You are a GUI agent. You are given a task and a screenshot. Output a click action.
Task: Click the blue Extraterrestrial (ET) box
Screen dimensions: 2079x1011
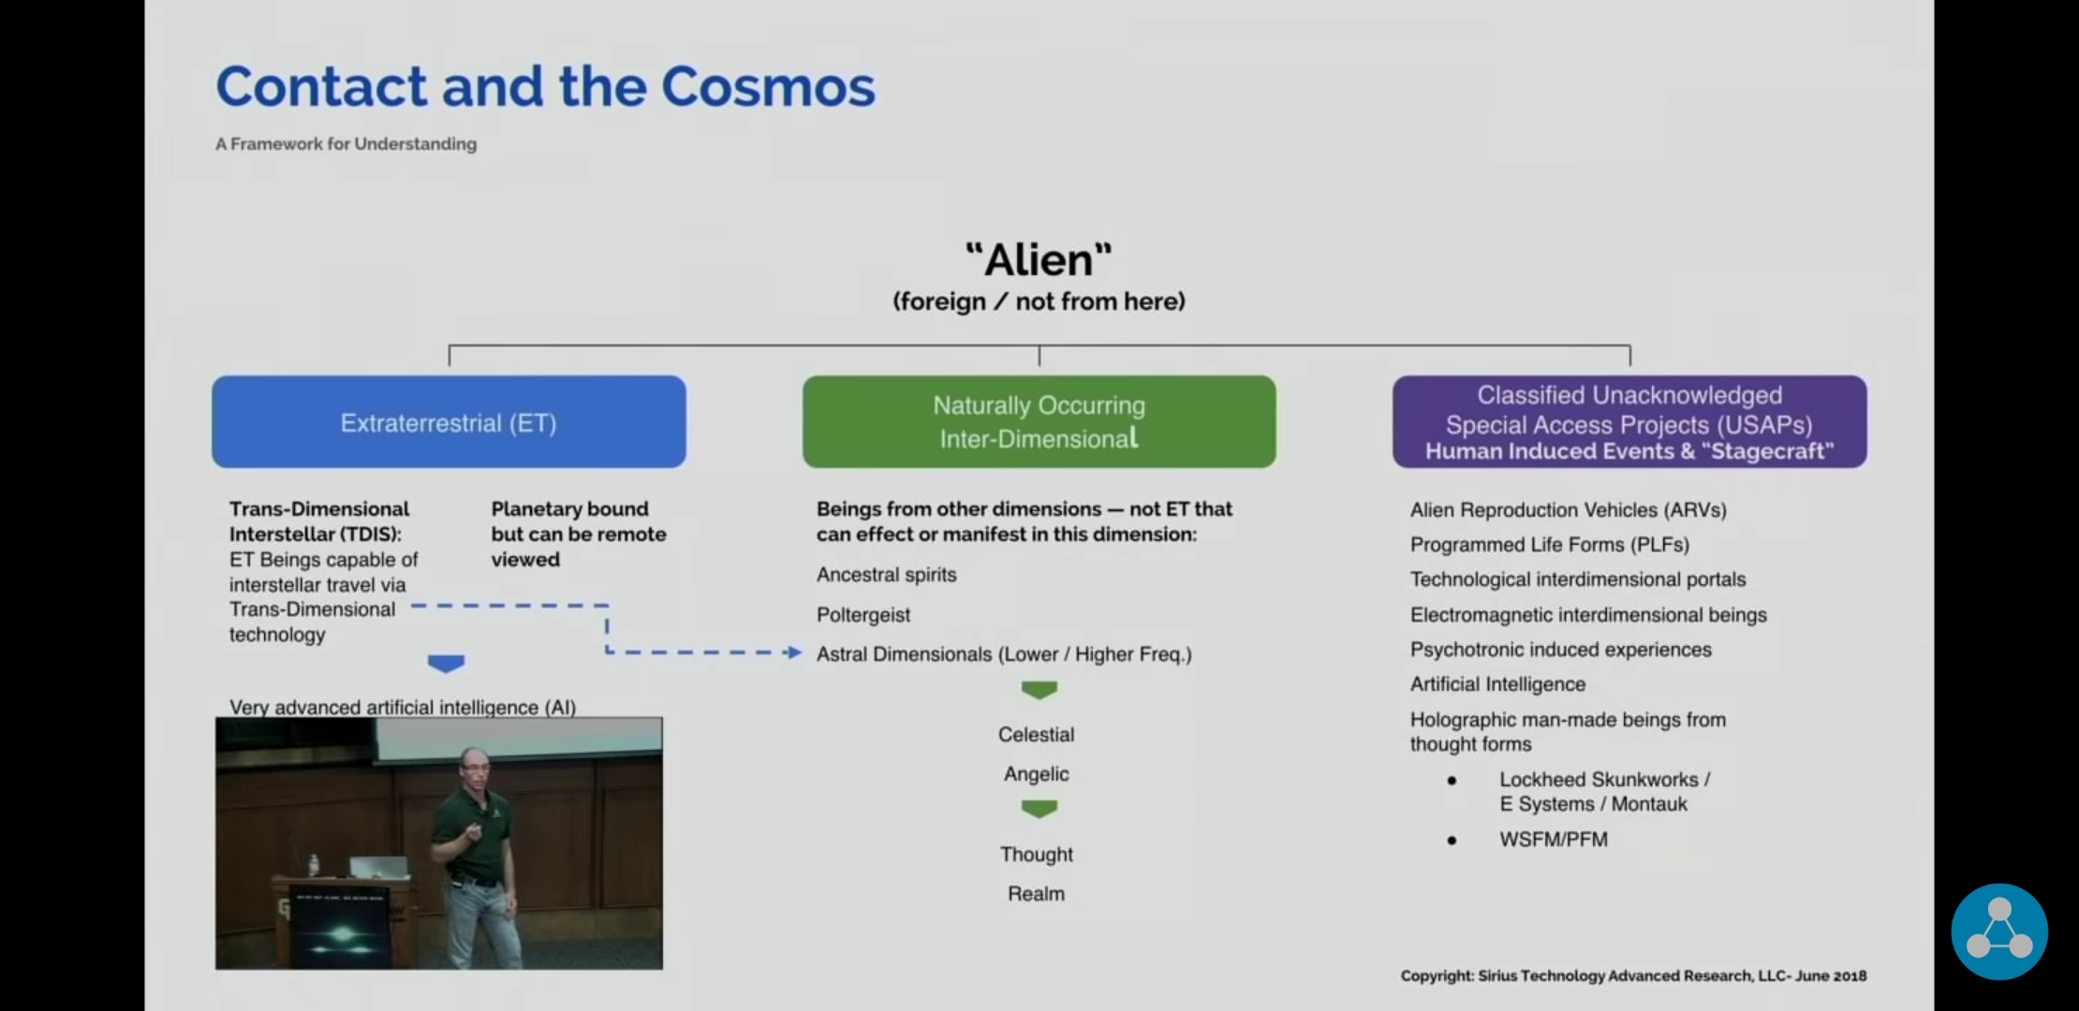click(x=449, y=422)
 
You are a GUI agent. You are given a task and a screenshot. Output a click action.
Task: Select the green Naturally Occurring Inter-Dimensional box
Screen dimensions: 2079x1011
click(x=1039, y=422)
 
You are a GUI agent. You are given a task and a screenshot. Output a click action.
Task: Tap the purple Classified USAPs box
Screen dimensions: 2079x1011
click(x=1629, y=422)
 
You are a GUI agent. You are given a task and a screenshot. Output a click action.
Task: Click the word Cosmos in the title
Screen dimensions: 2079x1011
click(x=768, y=86)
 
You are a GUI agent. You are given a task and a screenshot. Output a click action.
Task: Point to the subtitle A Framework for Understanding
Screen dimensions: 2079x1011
click(x=346, y=144)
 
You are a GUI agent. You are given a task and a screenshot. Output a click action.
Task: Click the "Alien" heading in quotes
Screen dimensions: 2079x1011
click(x=1039, y=259)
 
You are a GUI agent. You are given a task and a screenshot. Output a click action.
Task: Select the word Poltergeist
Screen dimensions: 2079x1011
click(x=863, y=615)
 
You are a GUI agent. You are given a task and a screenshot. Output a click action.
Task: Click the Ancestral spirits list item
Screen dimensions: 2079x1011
click(x=886, y=575)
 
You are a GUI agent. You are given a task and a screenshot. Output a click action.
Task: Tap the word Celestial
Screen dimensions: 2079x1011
click(x=1036, y=735)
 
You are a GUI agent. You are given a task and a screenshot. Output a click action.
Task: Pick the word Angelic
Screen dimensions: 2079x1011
click(x=1036, y=774)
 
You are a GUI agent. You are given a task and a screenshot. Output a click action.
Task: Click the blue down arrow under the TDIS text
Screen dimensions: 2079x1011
click(x=446, y=664)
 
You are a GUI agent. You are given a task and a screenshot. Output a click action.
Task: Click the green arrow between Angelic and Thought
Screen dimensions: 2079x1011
click(x=1039, y=809)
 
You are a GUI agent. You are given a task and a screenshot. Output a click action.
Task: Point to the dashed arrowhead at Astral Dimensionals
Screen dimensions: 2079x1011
click(x=795, y=652)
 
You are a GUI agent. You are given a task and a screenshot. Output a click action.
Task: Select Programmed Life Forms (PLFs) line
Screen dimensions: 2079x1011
click(x=1550, y=545)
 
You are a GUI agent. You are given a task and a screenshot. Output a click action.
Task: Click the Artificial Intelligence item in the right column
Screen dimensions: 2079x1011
click(x=1497, y=684)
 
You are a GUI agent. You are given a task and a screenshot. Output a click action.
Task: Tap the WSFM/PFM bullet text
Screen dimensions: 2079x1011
click(x=1554, y=840)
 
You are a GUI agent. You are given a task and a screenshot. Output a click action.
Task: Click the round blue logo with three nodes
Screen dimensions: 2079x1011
click(x=1999, y=931)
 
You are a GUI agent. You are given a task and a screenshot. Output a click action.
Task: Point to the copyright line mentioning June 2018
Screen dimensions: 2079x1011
click(x=1633, y=975)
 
